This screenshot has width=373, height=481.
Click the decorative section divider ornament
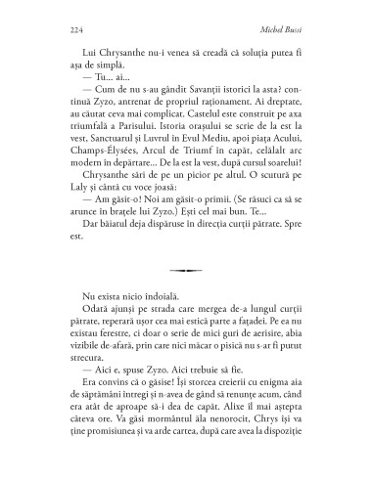[x=186, y=297]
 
